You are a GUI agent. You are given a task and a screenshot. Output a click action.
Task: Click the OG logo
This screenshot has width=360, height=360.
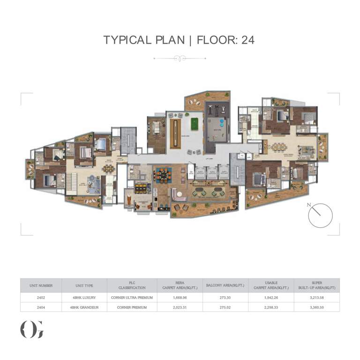(x=32, y=329)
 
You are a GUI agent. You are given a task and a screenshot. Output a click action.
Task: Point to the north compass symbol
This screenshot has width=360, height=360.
(x=320, y=216)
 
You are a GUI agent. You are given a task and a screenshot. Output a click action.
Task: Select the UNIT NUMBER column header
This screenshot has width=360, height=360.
(x=41, y=285)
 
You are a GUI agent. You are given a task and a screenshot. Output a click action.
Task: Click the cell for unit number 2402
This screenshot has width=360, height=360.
(x=41, y=298)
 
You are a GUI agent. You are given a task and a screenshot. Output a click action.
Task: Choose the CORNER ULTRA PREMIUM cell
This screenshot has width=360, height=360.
(x=132, y=298)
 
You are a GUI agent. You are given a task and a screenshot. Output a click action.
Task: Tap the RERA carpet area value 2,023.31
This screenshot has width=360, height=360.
(x=180, y=307)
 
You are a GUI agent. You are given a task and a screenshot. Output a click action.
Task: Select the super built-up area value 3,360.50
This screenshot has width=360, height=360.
(x=316, y=307)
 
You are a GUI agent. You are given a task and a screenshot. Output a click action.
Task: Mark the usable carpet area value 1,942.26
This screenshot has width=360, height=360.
(x=271, y=298)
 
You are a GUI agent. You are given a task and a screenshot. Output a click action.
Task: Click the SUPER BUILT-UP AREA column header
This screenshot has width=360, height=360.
(x=316, y=285)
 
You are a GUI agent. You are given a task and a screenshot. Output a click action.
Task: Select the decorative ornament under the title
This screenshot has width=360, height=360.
(x=180, y=59)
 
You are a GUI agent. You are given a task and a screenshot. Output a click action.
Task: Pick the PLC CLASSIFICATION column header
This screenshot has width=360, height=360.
(x=132, y=285)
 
